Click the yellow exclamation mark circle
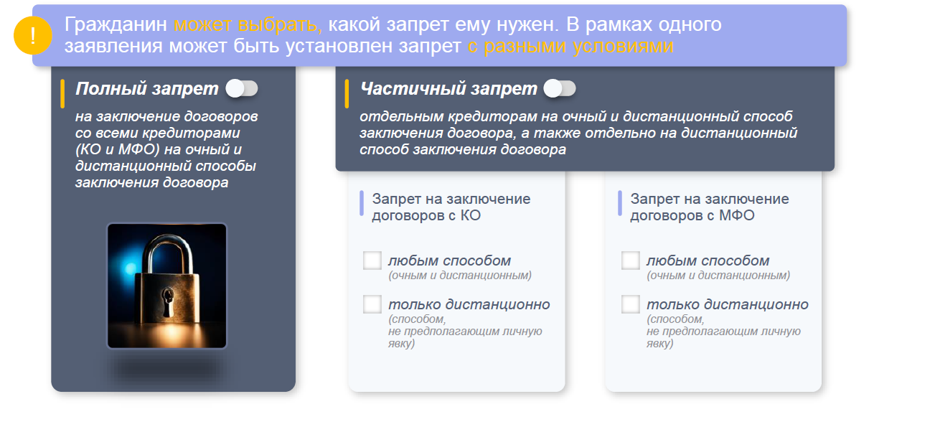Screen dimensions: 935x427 coord(33,35)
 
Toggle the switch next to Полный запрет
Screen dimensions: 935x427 coord(242,88)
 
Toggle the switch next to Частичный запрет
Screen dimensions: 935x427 coord(560,88)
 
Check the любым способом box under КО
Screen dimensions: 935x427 coord(372,261)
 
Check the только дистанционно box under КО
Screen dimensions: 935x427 coord(372,304)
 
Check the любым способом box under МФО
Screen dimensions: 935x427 coord(631,261)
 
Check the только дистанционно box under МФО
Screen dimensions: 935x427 coord(631,304)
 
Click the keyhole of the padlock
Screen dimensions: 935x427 coord(168,301)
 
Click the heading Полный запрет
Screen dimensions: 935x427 coord(147,88)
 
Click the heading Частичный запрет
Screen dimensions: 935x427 coord(448,88)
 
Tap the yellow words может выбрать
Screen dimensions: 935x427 coord(248,24)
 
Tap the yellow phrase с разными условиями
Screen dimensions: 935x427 coord(570,46)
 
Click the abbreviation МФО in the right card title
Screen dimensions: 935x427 coord(737,215)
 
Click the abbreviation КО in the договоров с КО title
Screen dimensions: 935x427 coord(471,215)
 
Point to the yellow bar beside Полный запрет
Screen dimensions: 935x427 coord(62,94)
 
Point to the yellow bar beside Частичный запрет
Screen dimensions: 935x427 coord(347,94)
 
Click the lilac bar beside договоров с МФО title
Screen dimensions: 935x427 coord(620,203)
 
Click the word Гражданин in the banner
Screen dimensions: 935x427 coord(116,24)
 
